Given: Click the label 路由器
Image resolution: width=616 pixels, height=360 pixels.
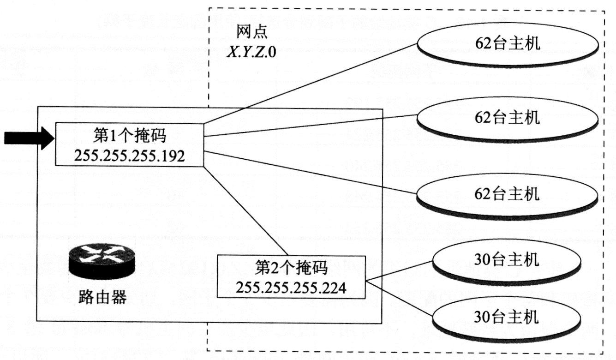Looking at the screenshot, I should click(102, 298).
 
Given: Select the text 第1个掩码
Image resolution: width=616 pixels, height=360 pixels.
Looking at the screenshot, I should click(129, 137).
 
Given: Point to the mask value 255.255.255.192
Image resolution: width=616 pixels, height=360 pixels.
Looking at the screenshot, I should click(129, 156).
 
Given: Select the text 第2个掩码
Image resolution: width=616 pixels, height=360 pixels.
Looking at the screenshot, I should click(291, 267).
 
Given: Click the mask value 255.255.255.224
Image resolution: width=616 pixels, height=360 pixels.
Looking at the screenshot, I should click(291, 287).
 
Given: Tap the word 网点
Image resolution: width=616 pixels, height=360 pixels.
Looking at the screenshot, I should click(252, 32).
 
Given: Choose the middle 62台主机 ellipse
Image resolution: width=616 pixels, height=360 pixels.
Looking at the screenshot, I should click(508, 118).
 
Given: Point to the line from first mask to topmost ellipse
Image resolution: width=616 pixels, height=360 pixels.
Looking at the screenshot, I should click(309, 84).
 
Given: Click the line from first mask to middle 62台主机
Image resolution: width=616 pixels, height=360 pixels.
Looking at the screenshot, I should click(309, 125).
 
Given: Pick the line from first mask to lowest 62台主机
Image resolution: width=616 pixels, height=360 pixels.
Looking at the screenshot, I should click(309, 172).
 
